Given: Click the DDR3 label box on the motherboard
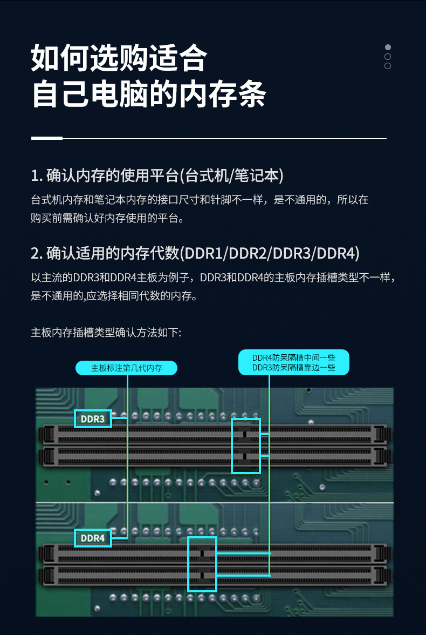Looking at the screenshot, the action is tap(93, 418).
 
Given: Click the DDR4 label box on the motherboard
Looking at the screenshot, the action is tap(93, 538).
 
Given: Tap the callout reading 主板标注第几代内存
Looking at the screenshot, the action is tap(127, 368).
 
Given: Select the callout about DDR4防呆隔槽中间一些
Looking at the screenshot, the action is tap(293, 362).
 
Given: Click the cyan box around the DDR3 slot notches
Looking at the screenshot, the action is tap(246, 445).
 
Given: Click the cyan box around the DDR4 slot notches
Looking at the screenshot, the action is tap(202, 564).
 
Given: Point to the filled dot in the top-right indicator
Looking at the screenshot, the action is tap(388, 48).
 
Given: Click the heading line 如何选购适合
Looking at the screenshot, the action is tap(119, 59).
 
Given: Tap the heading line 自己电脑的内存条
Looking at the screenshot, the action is tap(149, 94).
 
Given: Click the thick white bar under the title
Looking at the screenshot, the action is tap(47, 138).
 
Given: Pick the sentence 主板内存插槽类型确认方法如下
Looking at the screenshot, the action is tap(106, 333).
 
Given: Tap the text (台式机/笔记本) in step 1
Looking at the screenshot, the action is tap(231, 175).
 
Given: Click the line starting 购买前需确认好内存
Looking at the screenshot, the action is tap(108, 218).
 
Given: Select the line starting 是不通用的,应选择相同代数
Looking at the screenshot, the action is tap(113, 296).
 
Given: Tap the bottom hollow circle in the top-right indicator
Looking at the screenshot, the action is tap(388, 66).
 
